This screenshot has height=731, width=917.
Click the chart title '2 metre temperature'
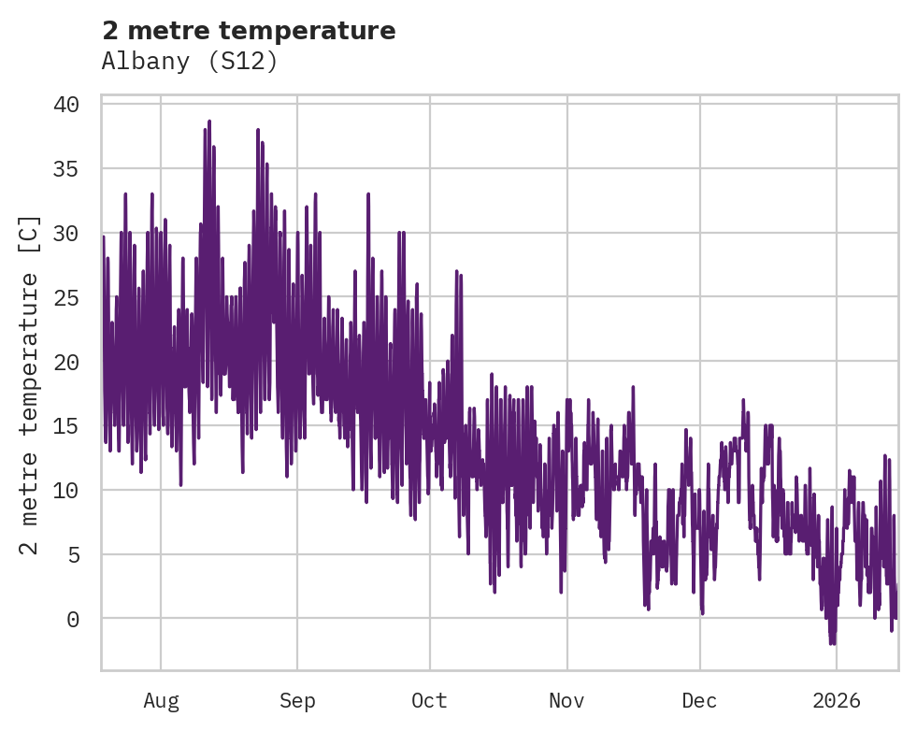[x=249, y=31]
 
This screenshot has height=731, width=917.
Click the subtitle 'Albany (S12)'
[x=190, y=61]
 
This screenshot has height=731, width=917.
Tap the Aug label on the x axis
[x=161, y=701]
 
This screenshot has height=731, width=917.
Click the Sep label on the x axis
[x=297, y=701]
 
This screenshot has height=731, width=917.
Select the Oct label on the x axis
[x=430, y=701]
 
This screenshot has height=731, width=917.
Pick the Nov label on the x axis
[x=566, y=701]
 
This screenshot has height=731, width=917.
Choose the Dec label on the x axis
[x=700, y=701]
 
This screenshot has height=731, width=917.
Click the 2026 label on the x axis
[x=836, y=701]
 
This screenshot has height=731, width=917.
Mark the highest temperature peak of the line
[x=209, y=121]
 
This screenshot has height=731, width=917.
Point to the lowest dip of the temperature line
[x=831, y=644]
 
